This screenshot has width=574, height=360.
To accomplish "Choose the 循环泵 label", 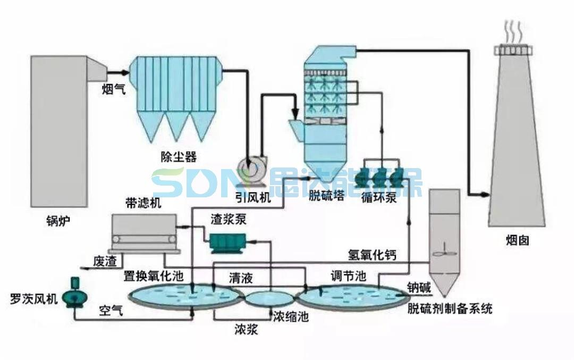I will point(378,198).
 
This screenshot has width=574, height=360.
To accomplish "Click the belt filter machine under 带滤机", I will point(144,233).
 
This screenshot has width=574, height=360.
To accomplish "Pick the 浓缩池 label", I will point(290,317).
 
